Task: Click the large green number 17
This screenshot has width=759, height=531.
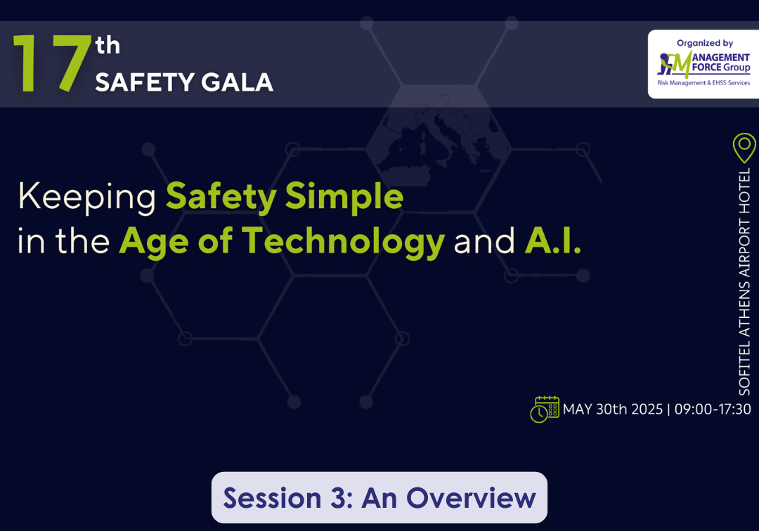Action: tap(52, 63)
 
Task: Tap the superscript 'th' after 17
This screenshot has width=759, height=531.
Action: tap(108, 46)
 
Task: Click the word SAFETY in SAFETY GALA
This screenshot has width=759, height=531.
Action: tap(144, 82)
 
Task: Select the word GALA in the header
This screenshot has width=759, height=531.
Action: tap(237, 82)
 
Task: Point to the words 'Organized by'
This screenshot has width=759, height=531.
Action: tap(705, 43)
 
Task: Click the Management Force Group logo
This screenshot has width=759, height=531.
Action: tap(703, 65)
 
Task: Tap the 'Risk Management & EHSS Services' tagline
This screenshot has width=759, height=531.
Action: tap(703, 83)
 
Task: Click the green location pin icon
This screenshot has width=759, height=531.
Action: tap(744, 148)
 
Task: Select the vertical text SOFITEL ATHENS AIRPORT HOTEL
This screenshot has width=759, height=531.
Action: tap(744, 281)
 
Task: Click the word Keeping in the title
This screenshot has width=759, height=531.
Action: tap(86, 197)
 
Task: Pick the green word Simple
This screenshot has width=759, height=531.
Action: tap(344, 197)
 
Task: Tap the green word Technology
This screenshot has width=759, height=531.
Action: tap(343, 241)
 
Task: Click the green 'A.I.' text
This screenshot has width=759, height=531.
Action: tap(553, 241)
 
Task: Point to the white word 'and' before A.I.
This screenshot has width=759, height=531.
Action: tap(484, 241)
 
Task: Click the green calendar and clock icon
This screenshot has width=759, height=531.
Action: tap(545, 409)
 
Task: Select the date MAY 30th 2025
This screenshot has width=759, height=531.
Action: tap(612, 409)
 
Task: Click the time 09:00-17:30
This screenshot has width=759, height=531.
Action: tap(713, 409)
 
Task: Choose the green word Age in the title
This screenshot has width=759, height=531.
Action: tap(154, 242)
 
